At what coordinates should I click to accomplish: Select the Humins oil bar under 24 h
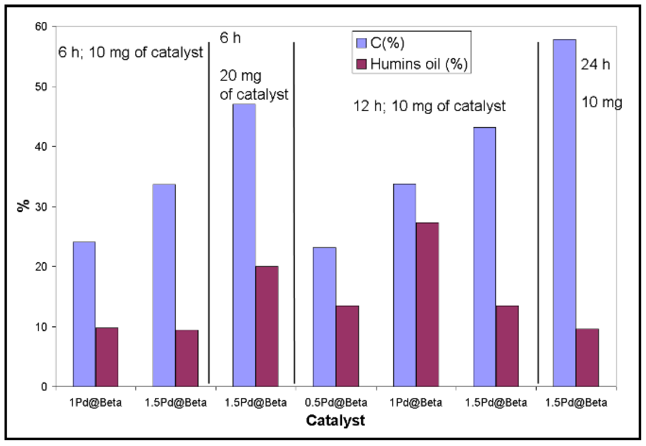tap(587, 357)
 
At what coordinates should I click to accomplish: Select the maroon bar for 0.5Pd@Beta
tap(347, 346)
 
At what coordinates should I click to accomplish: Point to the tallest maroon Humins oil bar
tap(427, 304)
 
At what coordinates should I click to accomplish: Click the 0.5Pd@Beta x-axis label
tap(336, 402)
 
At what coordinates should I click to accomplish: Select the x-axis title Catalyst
tap(335, 420)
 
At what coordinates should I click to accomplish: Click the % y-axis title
tap(24, 205)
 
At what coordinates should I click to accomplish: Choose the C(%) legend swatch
tap(361, 43)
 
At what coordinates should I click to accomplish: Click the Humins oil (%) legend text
tap(419, 64)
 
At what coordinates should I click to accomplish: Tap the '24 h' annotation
tap(595, 65)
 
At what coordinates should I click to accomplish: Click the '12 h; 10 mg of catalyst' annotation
tap(429, 106)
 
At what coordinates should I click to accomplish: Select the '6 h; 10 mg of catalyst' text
tap(131, 53)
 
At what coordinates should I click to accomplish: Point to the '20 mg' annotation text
tap(240, 76)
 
